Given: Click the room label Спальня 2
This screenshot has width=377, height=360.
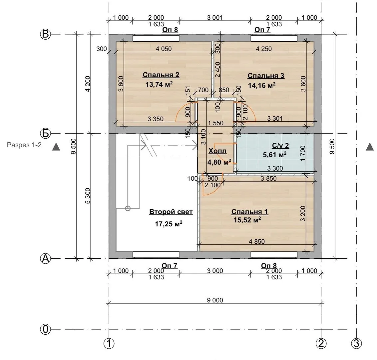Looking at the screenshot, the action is click(x=161, y=75).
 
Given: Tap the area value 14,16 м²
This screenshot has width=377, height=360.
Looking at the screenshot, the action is click(x=261, y=85).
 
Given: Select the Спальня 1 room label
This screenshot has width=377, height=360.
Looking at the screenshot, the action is click(x=249, y=212).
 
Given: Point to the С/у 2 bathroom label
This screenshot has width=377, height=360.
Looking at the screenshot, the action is click(x=280, y=146).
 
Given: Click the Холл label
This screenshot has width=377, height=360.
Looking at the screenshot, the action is click(x=217, y=151).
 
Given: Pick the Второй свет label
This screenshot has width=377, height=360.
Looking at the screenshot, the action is click(x=171, y=212).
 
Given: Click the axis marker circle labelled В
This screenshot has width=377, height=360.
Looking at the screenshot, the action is click(x=45, y=34).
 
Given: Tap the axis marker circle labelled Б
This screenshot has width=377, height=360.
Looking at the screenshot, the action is click(x=45, y=133).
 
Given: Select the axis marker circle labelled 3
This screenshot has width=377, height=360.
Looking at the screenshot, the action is click(x=357, y=343).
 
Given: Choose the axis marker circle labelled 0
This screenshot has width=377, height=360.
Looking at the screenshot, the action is click(x=45, y=329).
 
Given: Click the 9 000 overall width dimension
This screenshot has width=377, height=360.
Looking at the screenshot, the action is click(x=215, y=300).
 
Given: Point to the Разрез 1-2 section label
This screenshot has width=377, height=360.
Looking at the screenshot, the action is click(x=24, y=145).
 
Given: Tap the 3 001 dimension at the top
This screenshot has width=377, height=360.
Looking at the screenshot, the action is click(x=215, y=18).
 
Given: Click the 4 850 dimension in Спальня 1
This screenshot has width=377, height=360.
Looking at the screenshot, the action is click(x=257, y=241).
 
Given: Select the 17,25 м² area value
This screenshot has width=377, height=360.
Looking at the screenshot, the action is click(x=169, y=224).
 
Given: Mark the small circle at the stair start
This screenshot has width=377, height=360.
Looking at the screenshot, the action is click(x=128, y=208).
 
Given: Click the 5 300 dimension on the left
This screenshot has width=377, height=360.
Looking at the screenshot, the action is click(x=88, y=196).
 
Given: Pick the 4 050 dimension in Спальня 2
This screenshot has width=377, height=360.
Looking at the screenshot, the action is click(x=164, y=49).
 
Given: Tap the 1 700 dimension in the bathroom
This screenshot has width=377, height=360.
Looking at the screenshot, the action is click(x=303, y=153).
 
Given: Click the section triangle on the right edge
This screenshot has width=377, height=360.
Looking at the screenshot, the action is click(x=370, y=147).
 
